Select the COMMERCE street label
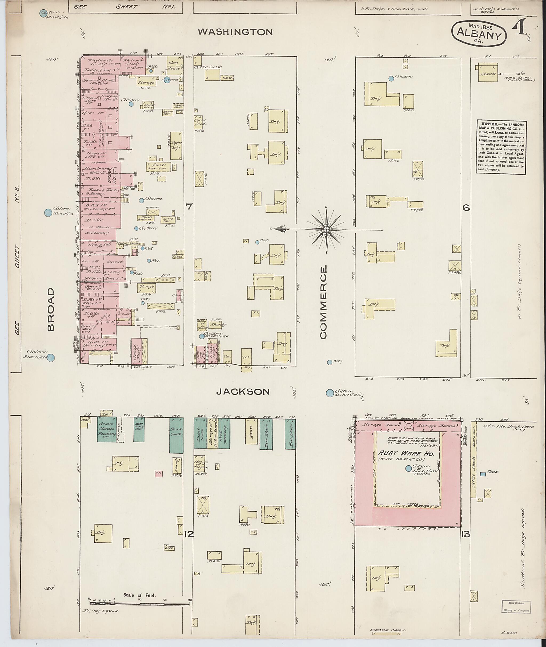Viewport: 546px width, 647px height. pos(323,303)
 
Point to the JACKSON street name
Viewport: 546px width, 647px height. pos(243,392)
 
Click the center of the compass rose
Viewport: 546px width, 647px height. pos(326,229)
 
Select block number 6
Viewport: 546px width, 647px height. pos(466,208)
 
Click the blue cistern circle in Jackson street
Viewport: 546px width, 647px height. pos(330,393)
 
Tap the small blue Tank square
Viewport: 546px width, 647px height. pos(483,474)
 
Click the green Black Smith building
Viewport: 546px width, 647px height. pos(176,436)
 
